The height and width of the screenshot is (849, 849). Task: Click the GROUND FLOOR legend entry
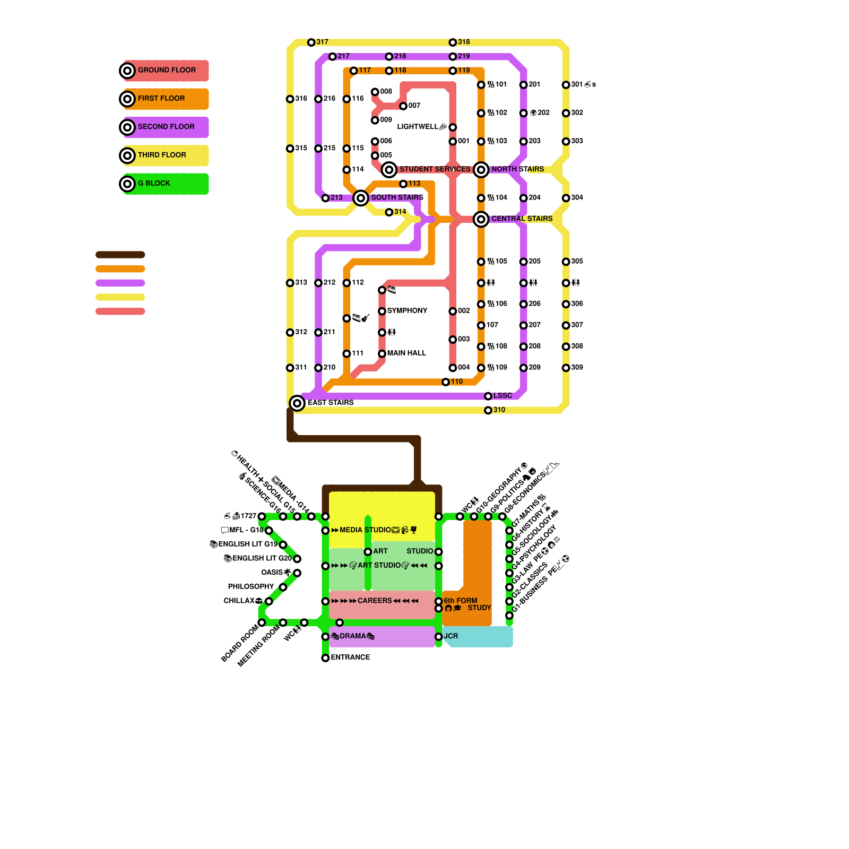[166, 71]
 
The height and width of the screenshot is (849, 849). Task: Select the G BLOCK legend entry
[154, 184]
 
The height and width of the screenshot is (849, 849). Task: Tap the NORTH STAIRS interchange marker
[481, 170]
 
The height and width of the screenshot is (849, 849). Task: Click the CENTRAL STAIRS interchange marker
[481, 219]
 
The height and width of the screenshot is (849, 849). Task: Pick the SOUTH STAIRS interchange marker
[361, 198]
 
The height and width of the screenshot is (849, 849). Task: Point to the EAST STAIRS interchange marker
[297, 403]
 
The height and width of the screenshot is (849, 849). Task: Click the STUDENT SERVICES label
[435, 169]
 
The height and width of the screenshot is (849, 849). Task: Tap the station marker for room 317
[311, 42]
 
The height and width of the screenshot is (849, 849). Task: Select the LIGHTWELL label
[418, 127]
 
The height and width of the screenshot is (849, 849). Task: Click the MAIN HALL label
[406, 353]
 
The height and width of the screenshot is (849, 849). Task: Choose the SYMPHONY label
[407, 311]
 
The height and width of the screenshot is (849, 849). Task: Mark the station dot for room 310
[488, 411]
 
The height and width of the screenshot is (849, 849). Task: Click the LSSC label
[503, 396]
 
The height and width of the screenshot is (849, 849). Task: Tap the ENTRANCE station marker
[325, 659]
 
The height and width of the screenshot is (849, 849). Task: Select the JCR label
[451, 636]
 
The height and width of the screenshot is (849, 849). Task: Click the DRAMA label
[353, 636]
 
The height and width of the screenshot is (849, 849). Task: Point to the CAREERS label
[375, 601]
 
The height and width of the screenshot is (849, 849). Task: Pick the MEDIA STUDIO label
[365, 530]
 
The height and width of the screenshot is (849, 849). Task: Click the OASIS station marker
[297, 573]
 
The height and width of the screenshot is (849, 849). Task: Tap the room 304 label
[577, 198]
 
